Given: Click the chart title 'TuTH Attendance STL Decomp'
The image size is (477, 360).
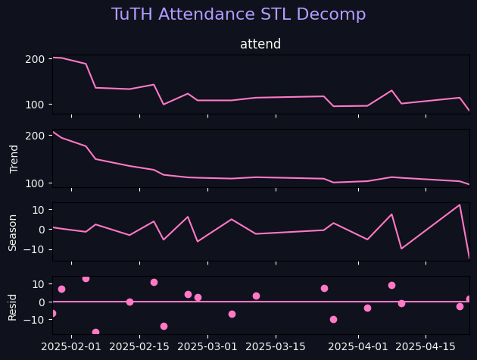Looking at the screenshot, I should pyautogui.click(x=238, y=14).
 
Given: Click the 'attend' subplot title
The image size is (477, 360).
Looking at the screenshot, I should pyautogui.click(x=260, y=44).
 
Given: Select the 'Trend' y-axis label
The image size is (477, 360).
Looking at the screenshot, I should pyautogui.click(x=14, y=158).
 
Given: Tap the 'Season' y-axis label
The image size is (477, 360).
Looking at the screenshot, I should pyautogui.click(x=13, y=232).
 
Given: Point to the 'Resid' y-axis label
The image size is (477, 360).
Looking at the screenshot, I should pyautogui.click(x=13, y=305).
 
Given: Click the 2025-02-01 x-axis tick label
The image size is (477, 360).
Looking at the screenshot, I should pyautogui.click(x=72, y=346).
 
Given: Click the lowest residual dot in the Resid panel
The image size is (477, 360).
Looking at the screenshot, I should pyautogui.click(x=95, y=332).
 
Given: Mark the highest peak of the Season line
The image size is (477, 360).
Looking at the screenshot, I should pyautogui.click(x=460, y=205).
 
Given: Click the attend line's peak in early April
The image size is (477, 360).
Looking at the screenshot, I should pyautogui.click(x=391, y=91).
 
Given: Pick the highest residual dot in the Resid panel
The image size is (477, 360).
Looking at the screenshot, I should pyautogui.click(x=86, y=279).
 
